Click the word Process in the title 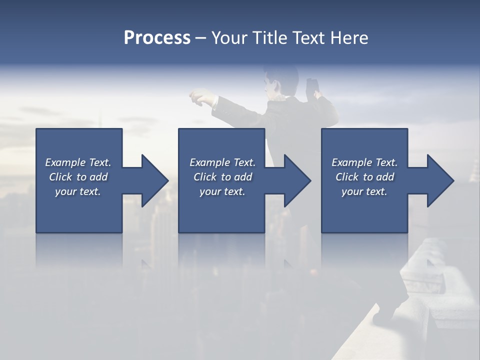[157, 38]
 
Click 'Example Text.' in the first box [78, 162]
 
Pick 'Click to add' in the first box [78, 177]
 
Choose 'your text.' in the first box [78, 191]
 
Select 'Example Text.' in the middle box [222, 162]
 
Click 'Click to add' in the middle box [222, 177]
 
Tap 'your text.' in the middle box [222, 191]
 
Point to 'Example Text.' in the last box [364, 162]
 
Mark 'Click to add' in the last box [364, 177]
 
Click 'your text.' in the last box [364, 191]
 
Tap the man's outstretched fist [199, 96]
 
